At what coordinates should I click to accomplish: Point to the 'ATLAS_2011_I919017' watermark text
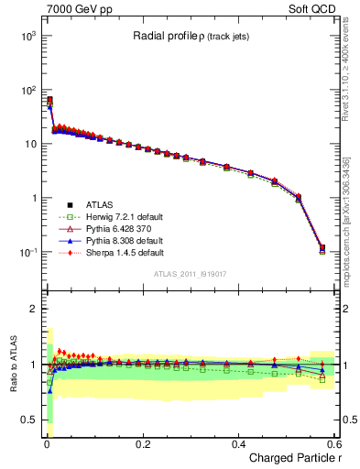tap(191, 272)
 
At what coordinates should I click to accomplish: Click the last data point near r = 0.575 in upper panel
tap(322, 247)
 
